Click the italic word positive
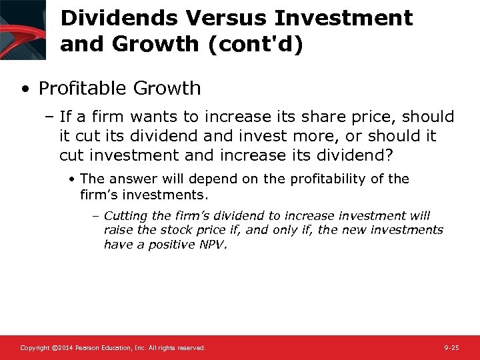162,244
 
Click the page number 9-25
451,348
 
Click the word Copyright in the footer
35,348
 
